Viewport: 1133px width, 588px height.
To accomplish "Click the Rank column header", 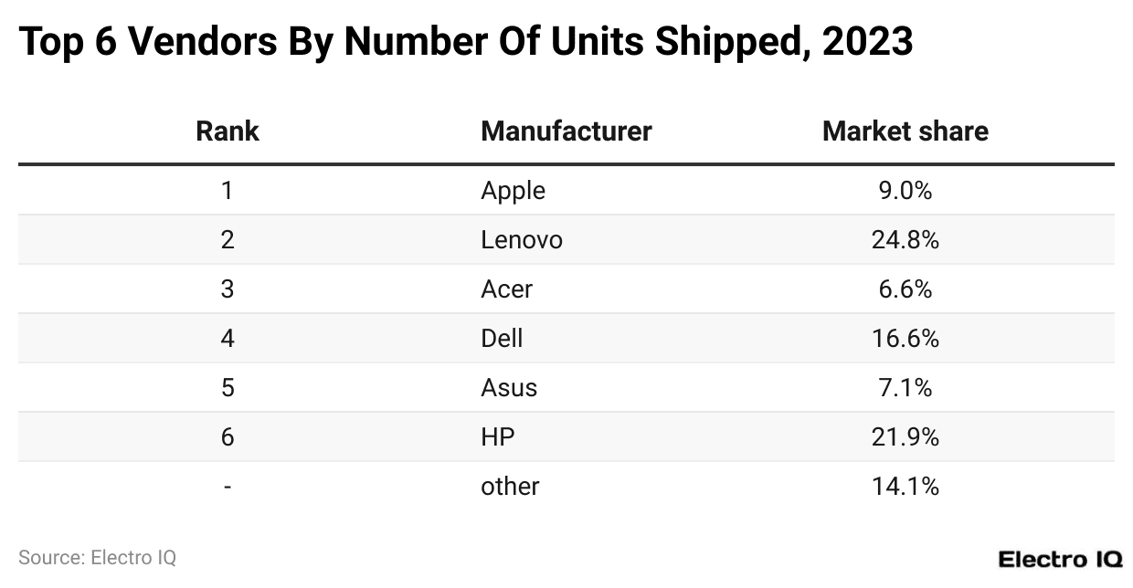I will (x=228, y=131).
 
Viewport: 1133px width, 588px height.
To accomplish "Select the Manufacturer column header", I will (x=566, y=131).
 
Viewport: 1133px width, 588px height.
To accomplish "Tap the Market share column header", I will (x=905, y=131).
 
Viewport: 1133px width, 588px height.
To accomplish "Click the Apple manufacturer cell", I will (x=513, y=190).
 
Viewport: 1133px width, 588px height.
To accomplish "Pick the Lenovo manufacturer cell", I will (x=521, y=239).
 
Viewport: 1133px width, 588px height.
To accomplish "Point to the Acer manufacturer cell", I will (x=506, y=289).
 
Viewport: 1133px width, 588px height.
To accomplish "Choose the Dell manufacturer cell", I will (x=502, y=338).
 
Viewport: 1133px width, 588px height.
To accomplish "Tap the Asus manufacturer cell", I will (x=509, y=387).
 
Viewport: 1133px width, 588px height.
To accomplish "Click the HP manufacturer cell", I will (x=498, y=436).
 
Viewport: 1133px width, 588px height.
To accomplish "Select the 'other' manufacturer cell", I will (x=510, y=486).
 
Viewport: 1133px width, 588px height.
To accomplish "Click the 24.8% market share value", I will (x=905, y=239).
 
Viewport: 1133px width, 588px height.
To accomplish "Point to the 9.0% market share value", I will (x=905, y=190).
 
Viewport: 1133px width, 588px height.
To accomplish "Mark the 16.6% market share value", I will (x=905, y=338).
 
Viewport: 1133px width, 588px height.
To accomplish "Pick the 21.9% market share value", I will (x=905, y=436).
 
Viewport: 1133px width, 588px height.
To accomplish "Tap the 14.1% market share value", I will (x=905, y=486).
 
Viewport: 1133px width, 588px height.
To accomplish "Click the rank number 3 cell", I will (x=228, y=289).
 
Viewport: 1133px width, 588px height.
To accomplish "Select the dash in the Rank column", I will (x=228, y=486).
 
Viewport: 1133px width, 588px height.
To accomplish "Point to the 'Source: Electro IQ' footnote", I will (x=97, y=557).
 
